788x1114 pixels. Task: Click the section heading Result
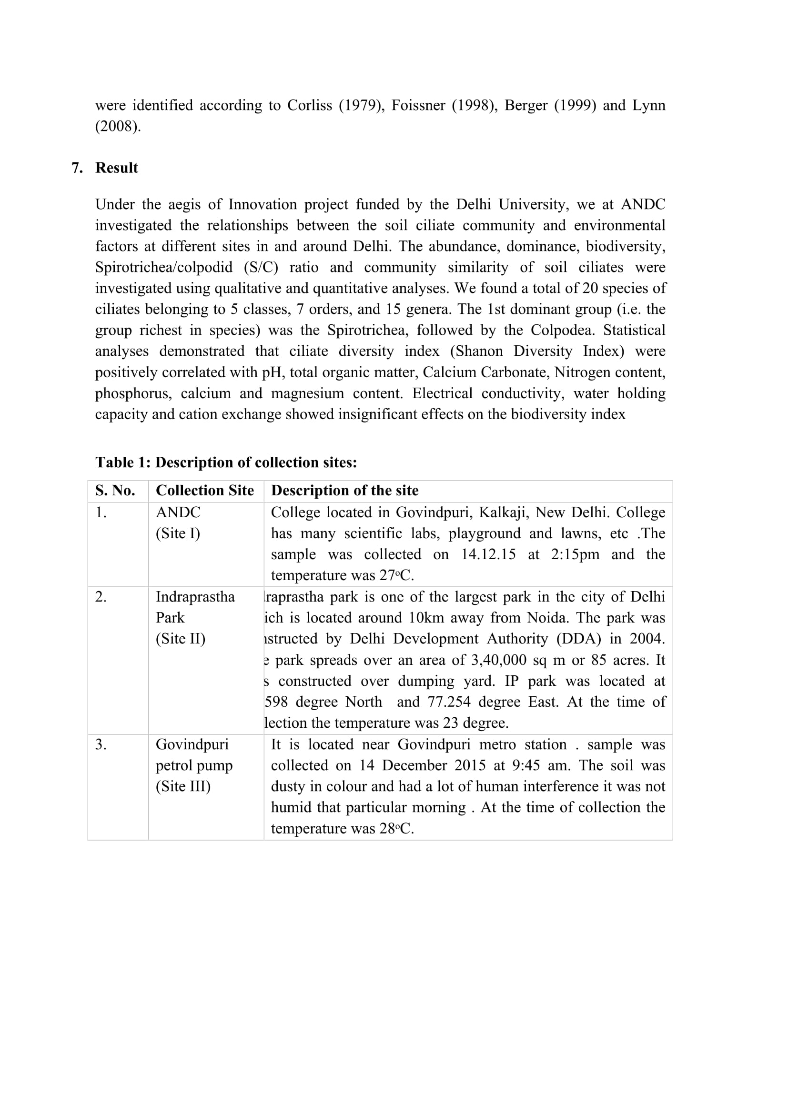116,168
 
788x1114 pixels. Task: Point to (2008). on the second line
118,126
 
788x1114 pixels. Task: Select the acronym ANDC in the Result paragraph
643,204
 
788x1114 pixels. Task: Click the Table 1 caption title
226,462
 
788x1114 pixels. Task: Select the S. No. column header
115,491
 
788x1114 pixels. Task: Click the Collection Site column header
205,491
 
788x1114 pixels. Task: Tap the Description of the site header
344,491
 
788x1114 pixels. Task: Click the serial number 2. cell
101,597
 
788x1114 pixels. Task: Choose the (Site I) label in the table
178,533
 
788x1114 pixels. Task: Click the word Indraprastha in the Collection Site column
195,597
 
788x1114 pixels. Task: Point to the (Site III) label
183,786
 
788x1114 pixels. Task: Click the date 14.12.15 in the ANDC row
488,554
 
